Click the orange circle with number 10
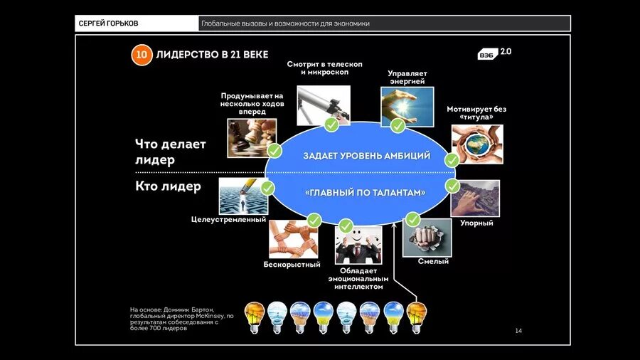[142, 55]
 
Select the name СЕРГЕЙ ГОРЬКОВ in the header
[107, 23]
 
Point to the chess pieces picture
[251, 137]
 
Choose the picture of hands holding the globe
[476, 144]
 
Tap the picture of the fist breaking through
[427, 237]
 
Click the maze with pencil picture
[242, 196]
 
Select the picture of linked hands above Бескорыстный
[292, 238]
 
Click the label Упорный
[476, 223]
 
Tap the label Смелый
[433, 261]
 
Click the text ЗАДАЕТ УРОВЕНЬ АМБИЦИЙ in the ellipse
[366, 156]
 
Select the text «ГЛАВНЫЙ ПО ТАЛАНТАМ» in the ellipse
[366, 193]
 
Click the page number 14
[518, 331]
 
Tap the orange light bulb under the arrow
[416, 315]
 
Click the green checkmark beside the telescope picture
[331, 125]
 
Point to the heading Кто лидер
[168, 186]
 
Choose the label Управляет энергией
[406, 77]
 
